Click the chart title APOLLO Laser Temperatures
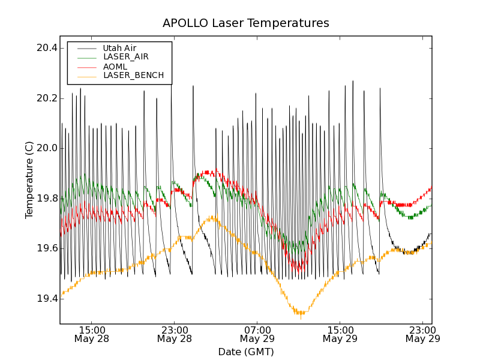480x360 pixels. coord(245,23)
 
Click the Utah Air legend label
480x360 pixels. coord(119,48)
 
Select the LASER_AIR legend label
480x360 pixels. coord(126,57)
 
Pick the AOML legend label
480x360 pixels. coord(115,67)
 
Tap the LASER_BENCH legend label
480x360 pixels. coord(133,76)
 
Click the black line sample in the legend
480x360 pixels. coord(86,48)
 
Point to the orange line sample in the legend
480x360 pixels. coord(86,76)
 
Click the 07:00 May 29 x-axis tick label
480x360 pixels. coord(257,334)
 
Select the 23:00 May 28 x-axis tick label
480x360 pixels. coord(175,334)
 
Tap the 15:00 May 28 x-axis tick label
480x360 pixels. coord(92,334)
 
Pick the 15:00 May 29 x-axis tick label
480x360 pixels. coord(340,334)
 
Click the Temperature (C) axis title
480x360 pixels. coord(29,180)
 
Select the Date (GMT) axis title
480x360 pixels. coord(245,352)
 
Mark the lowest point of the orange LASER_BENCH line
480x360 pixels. coord(299,314)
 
